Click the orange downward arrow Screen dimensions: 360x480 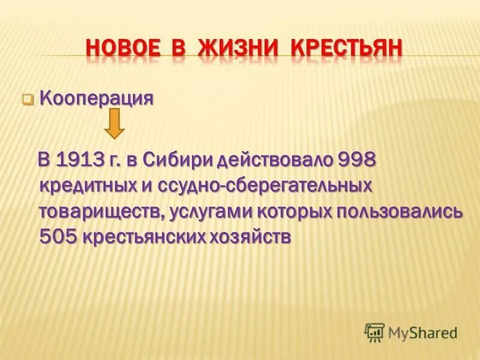115,125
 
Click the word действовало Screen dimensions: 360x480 275,160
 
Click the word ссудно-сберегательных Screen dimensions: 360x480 265,186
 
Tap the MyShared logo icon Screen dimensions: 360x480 374,332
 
